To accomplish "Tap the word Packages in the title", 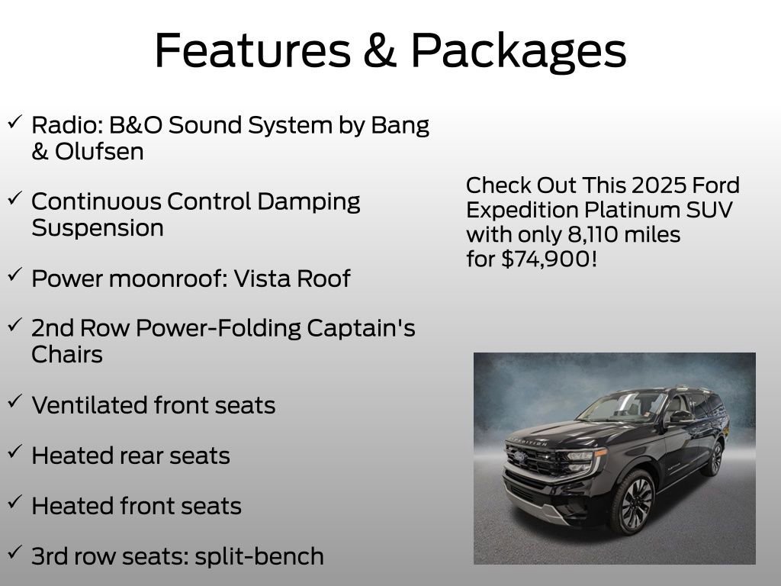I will coord(519,51).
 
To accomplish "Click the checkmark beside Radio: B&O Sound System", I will coord(14,122).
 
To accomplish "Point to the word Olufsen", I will coord(99,151).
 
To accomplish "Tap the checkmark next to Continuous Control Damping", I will coord(14,198).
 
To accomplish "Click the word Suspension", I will coord(98,227).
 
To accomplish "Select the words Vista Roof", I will coord(291,279).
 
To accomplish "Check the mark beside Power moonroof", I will coord(14,275).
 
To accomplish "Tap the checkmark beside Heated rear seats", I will coord(14,452).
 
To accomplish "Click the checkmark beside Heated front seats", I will coord(14,503).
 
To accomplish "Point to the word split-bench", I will coord(259,556).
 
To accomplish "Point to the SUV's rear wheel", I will coord(714,458).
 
